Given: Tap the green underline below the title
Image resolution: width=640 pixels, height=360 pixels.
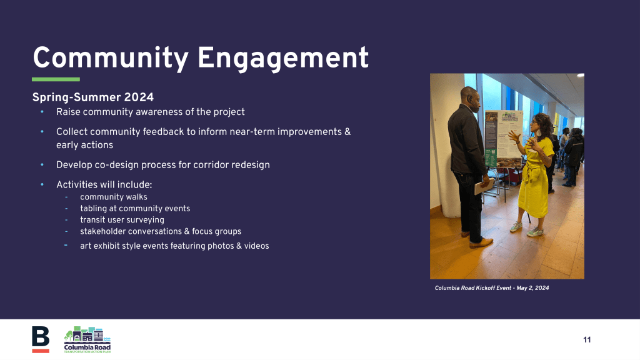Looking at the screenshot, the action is [x=56, y=79].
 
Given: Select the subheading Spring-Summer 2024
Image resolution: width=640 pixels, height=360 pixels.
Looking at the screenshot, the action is [x=93, y=97].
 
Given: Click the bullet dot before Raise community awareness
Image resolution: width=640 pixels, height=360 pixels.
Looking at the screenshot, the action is [x=42, y=111].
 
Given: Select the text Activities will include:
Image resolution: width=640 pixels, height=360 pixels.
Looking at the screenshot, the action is [x=104, y=185].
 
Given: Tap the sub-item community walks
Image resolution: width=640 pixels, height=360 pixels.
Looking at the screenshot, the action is [x=114, y=197].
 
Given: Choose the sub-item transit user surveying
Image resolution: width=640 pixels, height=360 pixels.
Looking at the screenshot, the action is [x=122, y=219].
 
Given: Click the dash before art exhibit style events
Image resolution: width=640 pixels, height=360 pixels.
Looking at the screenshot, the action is [x=66, y=245].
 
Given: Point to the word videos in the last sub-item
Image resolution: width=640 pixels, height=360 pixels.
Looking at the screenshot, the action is [x=256, y=246].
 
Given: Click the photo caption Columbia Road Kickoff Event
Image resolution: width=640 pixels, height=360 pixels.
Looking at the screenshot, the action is [x=473, y=288].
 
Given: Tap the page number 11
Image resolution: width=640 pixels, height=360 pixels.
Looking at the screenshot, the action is [x=587, y=339].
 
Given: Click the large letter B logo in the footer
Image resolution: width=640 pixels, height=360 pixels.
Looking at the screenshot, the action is [x=41, y=339].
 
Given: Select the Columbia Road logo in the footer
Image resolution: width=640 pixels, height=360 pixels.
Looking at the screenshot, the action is [x=87, y=339].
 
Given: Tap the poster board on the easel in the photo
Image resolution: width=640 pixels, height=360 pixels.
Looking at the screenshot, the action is [x=503, y=139].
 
